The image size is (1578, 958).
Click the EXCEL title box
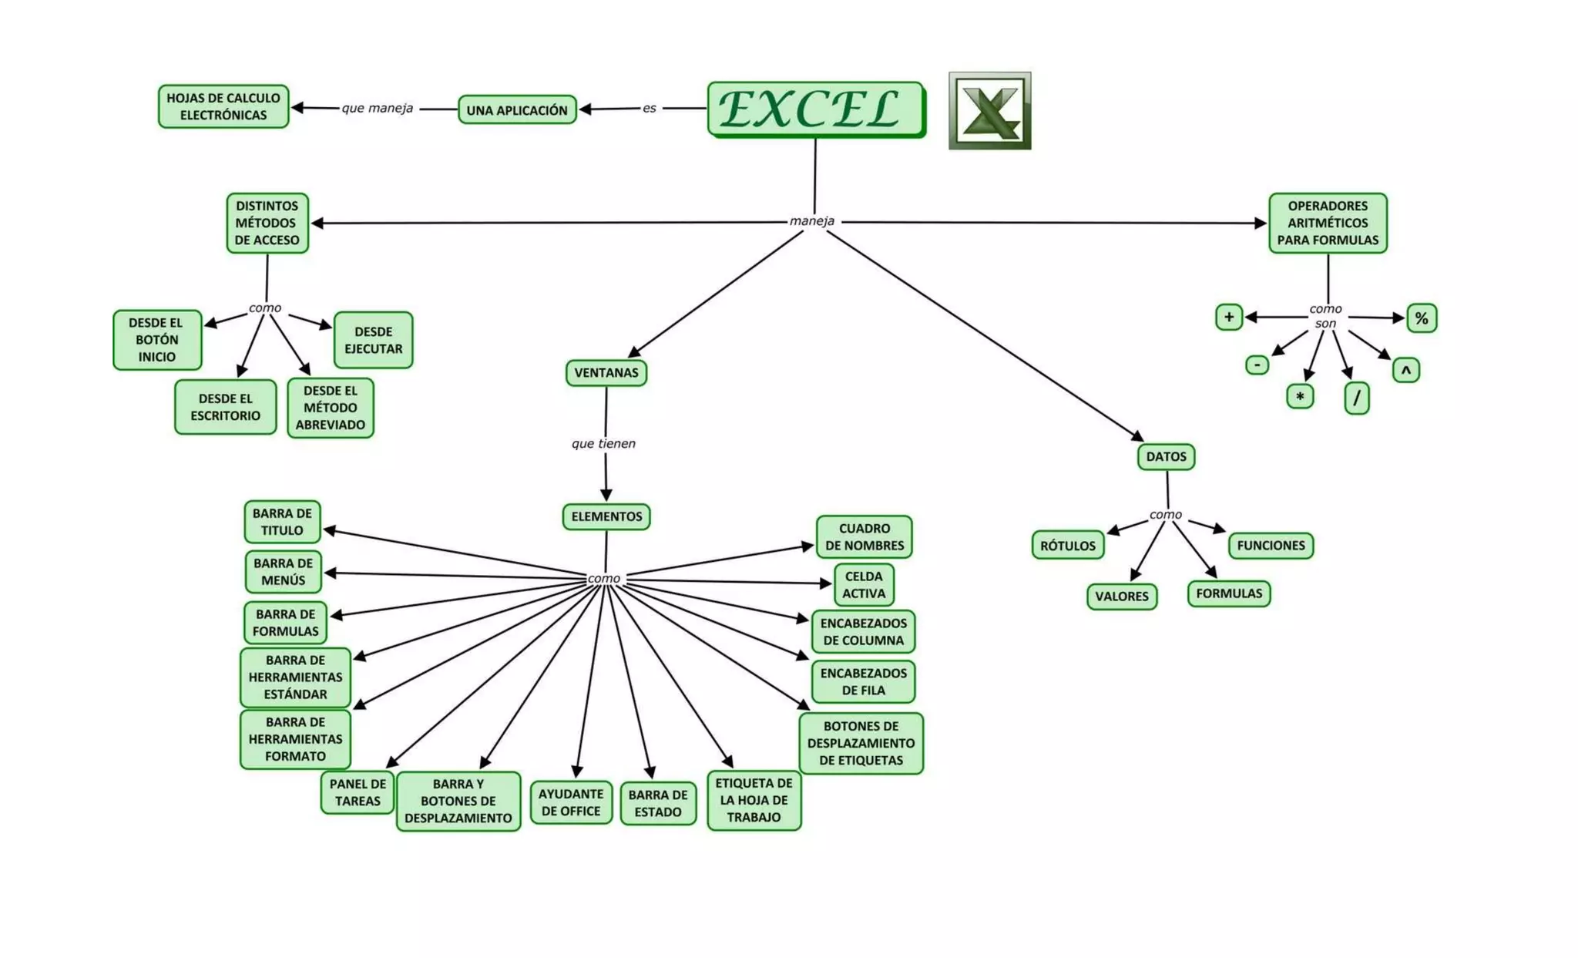tap(815, 109)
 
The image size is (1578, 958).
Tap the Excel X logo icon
tap(989, 111)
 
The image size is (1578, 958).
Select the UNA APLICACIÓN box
tap(517, 110)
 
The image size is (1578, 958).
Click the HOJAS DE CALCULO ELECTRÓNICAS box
tap(223, 106)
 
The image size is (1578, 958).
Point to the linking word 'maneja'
tap(811, 221)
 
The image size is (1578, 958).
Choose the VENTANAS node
tap(606, 373)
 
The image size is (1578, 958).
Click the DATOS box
tap(1166, 456)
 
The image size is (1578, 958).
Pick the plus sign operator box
tap(1229, 317)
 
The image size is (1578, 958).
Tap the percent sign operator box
tap(1422, 318)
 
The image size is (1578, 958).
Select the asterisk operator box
tap(1300, 397)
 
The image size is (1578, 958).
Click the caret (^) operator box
tap(1406, 371)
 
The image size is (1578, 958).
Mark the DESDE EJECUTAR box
tap(374, 340)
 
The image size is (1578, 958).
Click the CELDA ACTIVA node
tap(864, 585)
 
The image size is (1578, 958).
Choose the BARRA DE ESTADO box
tap(658, 803)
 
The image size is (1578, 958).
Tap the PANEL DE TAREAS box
tap(358, 792)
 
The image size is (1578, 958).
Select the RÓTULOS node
tap(1068, 546)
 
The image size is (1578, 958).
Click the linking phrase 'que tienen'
tap(603, 443)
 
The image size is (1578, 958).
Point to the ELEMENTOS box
tap(606, 516)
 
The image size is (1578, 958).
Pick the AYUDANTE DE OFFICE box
tap(571, 802)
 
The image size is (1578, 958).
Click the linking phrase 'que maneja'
tap(378, 108)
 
